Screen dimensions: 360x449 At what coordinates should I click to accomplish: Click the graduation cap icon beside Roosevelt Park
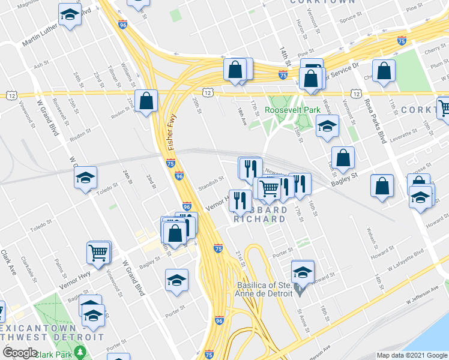[x=327, y=127]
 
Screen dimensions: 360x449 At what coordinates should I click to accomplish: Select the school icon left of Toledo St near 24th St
[x=85, y=178]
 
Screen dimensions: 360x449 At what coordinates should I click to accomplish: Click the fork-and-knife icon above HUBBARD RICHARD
[x=240, y=200]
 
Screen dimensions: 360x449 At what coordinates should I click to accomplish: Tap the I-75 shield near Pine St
[x=402, y=41]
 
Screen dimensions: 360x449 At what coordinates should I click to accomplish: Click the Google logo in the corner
[x=20, y=353]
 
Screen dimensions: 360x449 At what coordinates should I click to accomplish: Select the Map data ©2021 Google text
[x=412, y=356]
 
